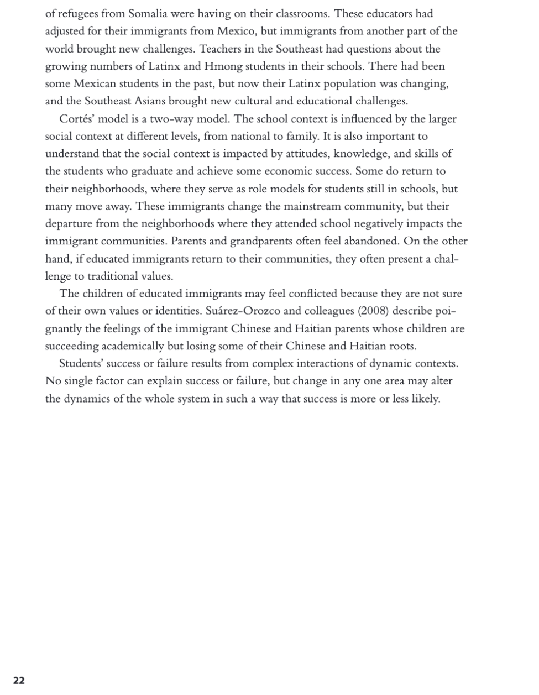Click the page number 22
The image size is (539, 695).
tap(19, 680)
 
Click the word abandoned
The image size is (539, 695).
tap(374, 241)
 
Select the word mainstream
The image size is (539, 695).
tap(311, 206)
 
